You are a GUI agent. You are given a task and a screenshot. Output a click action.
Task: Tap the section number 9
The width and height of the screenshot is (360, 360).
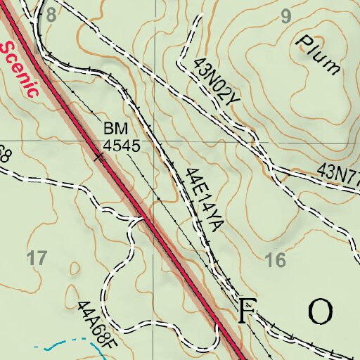[x=285, y=18]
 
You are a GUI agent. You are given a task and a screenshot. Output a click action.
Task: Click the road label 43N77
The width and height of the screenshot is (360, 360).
[x=337, y=172]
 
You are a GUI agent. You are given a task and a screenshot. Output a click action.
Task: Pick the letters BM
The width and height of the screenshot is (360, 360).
[x=113, y=129]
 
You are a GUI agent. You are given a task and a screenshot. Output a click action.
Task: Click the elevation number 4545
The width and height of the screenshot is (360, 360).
[x=122, y=146]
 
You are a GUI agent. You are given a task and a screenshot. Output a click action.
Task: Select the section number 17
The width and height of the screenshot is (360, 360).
[x=37, y=257]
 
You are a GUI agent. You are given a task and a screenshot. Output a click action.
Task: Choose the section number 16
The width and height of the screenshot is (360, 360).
[x=276, y=261]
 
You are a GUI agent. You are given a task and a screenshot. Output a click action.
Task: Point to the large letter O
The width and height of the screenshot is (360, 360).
[x=320, y=310]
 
